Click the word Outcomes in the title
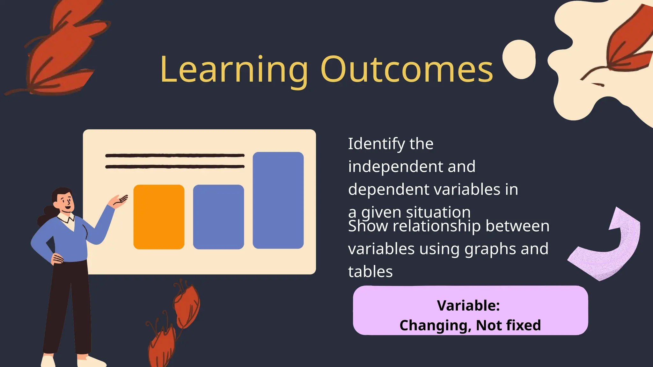coord(407,69)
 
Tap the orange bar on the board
coord(159,217)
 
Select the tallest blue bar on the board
coord(278,200)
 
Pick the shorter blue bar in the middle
coord(218,217)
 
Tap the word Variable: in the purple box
coord(468,306)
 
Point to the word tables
coord(370,272)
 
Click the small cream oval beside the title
coord(519,60)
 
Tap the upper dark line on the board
coord(175,155)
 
